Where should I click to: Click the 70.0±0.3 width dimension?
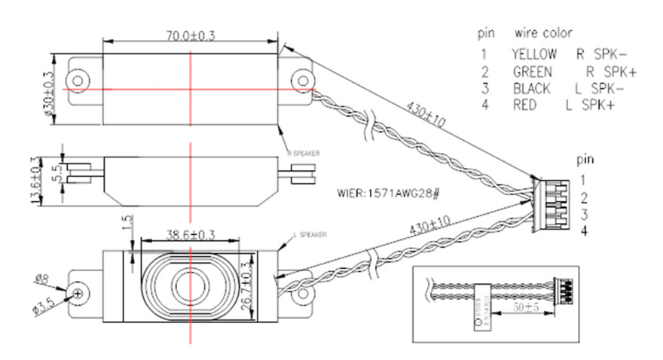click(191, 34)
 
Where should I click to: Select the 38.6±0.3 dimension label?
click(191, 235)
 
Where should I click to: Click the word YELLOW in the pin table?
click(534, 54)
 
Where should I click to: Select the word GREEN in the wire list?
click(532, 72)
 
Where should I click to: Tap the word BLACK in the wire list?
click(531, 88)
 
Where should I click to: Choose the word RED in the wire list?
click(524, 105)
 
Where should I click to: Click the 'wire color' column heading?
click(543, 33)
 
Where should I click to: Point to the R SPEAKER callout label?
click(304, 153)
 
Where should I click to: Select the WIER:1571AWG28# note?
click(390, 192)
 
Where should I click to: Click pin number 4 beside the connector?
click(582, 231)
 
